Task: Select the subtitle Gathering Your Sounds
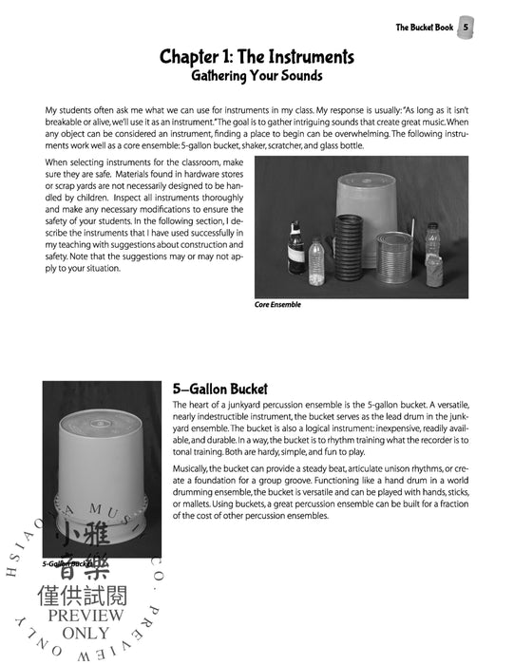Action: (x=257, y=77)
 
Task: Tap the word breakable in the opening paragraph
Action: (x=68, y=125)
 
